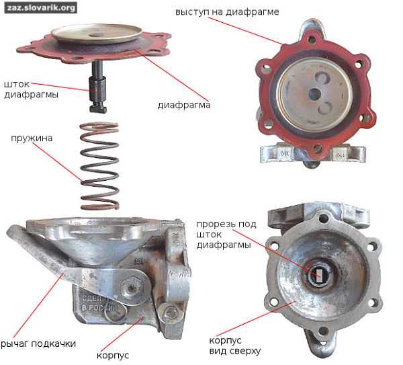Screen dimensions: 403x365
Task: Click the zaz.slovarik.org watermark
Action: [x=40, y=7]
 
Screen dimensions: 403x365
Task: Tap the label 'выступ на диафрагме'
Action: [x=227, y=12]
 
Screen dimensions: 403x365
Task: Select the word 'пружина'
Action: [x=32, y=138]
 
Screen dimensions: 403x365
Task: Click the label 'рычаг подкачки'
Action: [x=38, y=344]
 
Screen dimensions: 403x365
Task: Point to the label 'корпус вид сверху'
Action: [x=234, y=346]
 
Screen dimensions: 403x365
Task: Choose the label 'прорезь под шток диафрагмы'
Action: [x=226, y=235]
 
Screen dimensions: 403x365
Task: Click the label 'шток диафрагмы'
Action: [x=31, y=89]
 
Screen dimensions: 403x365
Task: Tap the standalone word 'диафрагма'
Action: [x=184, y=105]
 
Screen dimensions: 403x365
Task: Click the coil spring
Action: [x=99, y=166]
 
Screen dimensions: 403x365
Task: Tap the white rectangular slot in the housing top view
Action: [x=318, y=276]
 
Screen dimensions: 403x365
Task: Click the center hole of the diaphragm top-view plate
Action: [x=314, y=94]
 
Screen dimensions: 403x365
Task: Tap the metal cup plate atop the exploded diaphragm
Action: [x=96, y=34]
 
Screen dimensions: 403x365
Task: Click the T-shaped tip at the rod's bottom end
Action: [x=98, y=108]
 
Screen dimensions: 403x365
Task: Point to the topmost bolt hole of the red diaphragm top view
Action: [x=312, y=40]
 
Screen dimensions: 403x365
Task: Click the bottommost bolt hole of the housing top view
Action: [x=323, y=331]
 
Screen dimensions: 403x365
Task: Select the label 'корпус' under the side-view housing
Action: [x=113, y=356]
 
